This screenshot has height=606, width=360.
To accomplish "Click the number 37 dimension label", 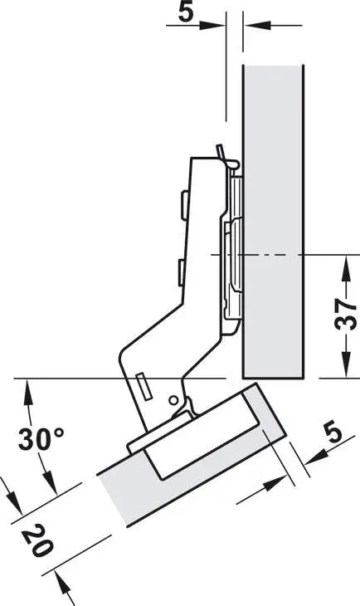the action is pyautogui.click(x=346, y=315).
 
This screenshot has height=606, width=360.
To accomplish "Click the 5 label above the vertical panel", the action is pyautogui.click(x=186, y=12).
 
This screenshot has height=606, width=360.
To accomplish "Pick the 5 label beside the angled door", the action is pyautogui.click(x=333, y=433).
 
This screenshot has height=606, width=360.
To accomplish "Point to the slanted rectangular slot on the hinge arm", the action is pyautogui.click(x=144, y=387).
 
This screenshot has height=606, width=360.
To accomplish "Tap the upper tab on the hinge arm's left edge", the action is pyautogui.click(x=183, y=206).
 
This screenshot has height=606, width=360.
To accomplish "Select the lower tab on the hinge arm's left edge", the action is pyautogui.click(x=180, y=273).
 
